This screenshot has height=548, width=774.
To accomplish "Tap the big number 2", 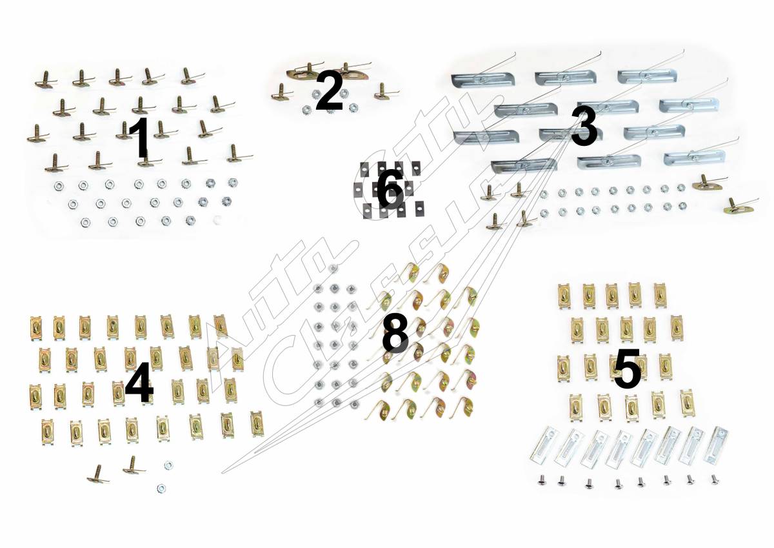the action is click(330, 90).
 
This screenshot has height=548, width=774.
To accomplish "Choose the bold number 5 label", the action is click(628, 369).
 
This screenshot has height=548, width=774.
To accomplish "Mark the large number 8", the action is click(395, 334).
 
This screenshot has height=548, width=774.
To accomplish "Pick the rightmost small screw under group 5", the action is click(715, 479).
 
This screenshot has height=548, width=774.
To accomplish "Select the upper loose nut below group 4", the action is click(168, 465).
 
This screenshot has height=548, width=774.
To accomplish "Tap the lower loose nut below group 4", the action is click(161, 489).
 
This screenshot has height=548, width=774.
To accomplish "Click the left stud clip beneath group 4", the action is click(98, 474).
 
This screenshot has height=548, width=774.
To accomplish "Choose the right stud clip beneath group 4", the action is click(134, 465).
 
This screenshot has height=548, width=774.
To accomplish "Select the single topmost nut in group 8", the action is click(333, 269).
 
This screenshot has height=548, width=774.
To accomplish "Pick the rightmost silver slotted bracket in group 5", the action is click(716, 445).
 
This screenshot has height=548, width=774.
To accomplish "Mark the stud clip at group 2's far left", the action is click(282, 92).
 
